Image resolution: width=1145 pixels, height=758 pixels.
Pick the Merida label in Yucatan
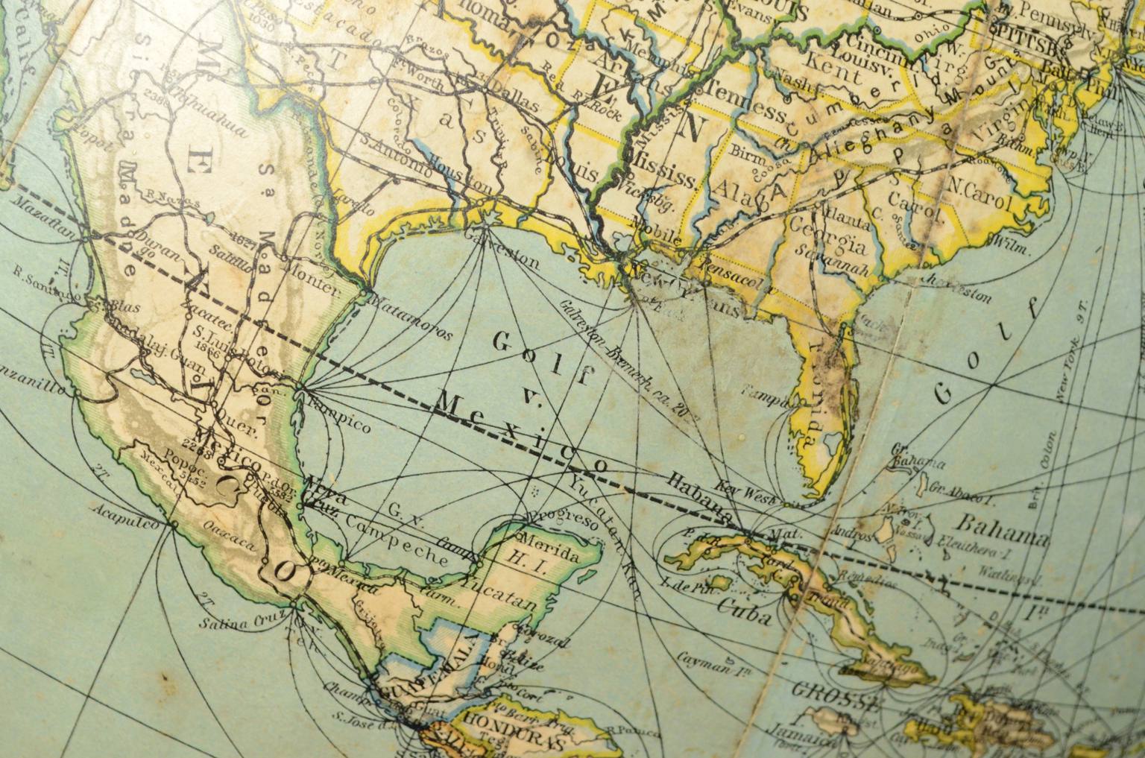[552, 544]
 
